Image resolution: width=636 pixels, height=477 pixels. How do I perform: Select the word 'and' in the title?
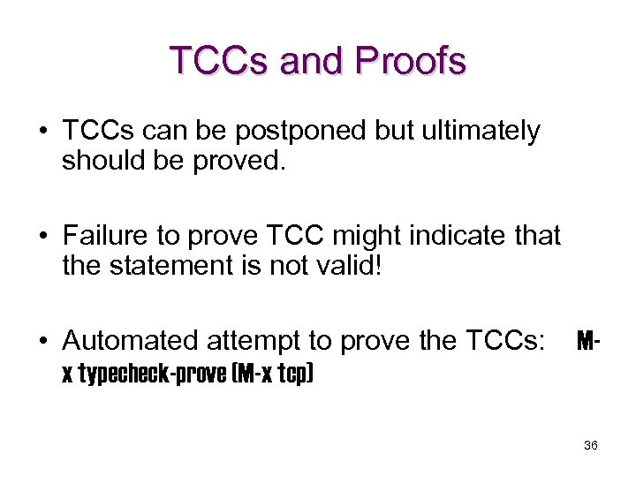click(312, 60)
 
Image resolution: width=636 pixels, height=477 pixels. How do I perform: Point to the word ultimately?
click(483, 132)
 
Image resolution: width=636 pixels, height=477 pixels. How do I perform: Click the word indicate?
click(454, 236)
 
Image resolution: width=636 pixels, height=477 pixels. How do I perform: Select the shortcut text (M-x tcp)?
click(271, 374)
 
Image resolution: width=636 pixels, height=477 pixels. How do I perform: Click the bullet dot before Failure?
click(42, 237)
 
